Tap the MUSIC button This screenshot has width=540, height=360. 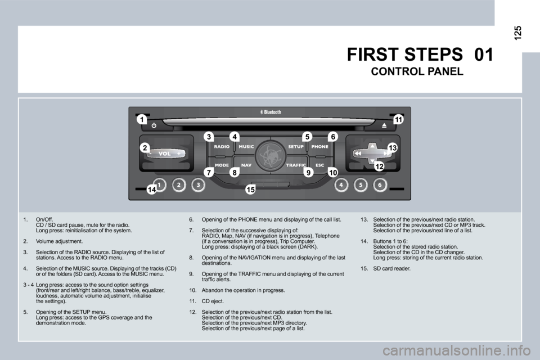(x=246, y=147)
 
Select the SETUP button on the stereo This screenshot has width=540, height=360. (x=296, y=147)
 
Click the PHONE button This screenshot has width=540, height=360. (x=321, y=147)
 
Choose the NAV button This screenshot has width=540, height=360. (x=246, y=165)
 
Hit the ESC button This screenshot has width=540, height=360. (x=319, y=165)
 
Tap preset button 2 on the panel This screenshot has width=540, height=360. (x=179, y=184)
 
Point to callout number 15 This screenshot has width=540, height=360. (x=250, y=191)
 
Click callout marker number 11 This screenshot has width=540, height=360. (x=398, y=119)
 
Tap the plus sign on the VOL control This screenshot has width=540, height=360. (x=178, y=153)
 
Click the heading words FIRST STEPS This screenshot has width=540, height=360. (x=405, y=55)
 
